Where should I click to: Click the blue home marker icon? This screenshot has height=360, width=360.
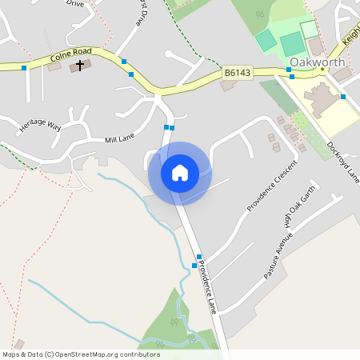point(180,173)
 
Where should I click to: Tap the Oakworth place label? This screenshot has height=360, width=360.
point(317,62)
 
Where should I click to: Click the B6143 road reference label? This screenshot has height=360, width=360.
point(238,73)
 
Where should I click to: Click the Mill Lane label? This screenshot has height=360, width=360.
point(120,140)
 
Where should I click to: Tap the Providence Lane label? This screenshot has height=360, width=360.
point(207,286)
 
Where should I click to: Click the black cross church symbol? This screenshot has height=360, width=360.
point(80,65)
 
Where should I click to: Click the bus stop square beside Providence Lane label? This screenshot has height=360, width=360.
point(195,265)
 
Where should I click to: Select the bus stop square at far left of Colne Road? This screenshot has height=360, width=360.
point(24,68)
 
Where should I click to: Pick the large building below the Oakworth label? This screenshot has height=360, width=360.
point(320,100)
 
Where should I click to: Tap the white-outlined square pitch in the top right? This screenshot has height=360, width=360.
point(309,30)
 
